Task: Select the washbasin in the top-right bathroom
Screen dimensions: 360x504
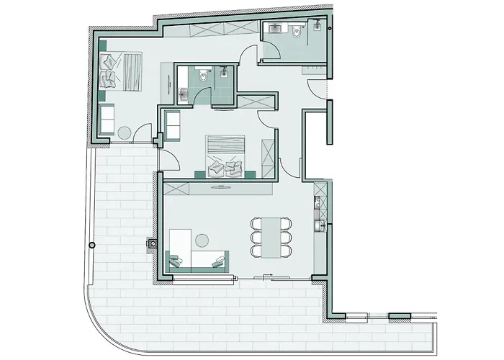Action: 276,30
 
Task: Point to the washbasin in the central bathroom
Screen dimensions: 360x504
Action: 184,93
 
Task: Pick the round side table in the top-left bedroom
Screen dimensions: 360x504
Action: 124,132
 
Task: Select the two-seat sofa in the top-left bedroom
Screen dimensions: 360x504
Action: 105,120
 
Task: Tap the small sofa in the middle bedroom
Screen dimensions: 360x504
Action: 172,125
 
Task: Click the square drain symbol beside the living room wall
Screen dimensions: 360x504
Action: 153,243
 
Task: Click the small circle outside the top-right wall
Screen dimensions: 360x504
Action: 330,27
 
